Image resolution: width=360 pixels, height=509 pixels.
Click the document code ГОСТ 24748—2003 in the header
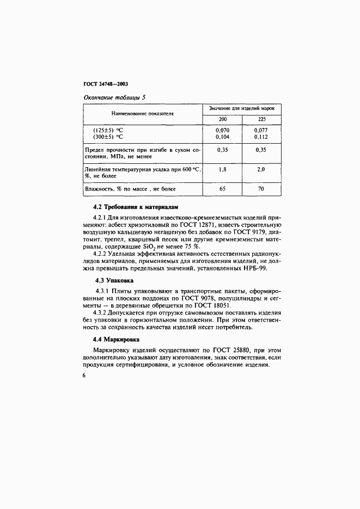click(x=105, y=85)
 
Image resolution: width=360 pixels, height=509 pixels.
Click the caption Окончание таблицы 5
click(x=114, y=98)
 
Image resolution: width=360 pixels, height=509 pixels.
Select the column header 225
click(x=261, y=119)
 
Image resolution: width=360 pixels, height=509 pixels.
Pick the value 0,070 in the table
click(x=222, y=131)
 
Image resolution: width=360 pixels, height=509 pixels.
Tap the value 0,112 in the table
click(x=261, y=137)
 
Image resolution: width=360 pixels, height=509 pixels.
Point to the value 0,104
click(x=222, y=137)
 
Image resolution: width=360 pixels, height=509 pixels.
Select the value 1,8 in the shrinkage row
click(x=222, y=169)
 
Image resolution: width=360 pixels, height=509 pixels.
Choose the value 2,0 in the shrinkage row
click(x=261, y=169)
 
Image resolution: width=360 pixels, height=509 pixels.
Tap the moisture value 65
click(x=222, y=189)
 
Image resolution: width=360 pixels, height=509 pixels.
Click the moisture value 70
click(x=261, y=189)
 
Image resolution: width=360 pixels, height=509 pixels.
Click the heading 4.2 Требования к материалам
click(x=136, y=207)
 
